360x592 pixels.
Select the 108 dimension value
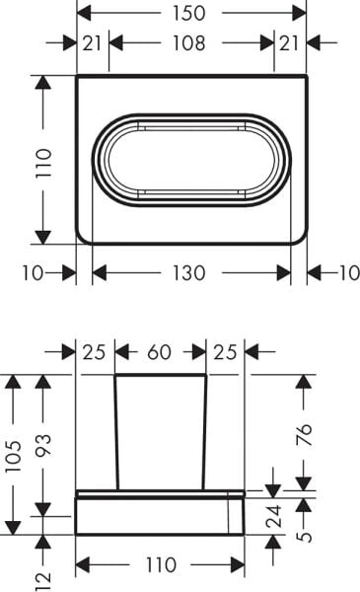(x=189, y=43)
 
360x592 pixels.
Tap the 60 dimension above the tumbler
(x=161, y=351)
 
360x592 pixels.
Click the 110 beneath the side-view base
(x=160, y=565)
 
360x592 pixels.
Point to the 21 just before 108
(x=93, y=43)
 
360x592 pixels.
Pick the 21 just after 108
(x=290, y=43)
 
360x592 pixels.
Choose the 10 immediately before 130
(x=33, y=272)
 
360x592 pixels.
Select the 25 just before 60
(x=95, y=351)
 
